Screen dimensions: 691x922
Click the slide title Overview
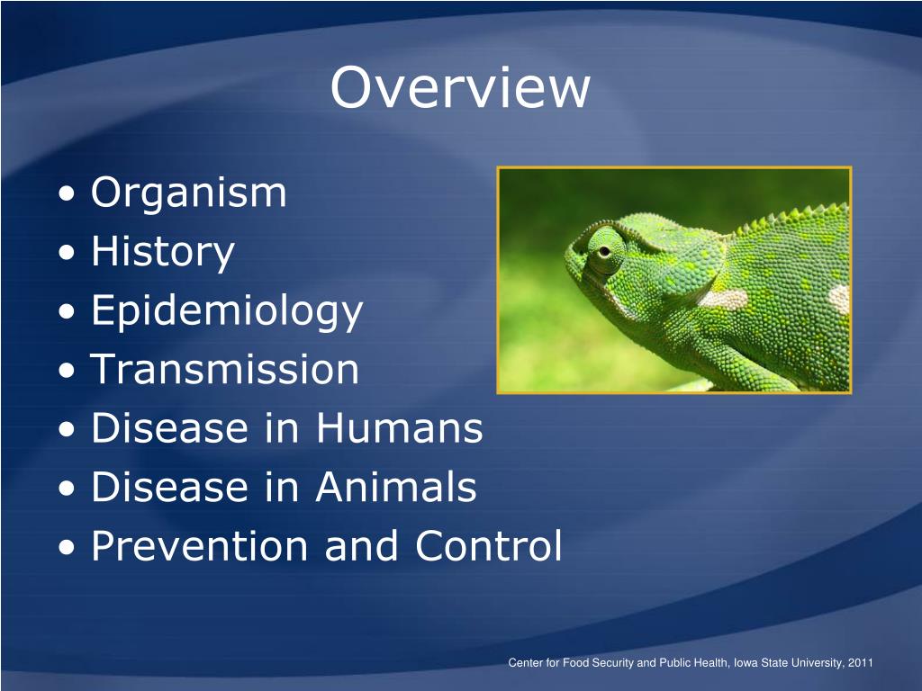(460, 88)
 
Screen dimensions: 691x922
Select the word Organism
(189, 193)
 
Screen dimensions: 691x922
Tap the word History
(163, 252)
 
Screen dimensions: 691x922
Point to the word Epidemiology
(227, 311)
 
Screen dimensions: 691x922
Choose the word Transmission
(225, 370)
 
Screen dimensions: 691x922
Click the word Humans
(399, 428)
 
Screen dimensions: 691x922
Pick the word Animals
(396, 488)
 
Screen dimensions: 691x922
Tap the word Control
(489, 546)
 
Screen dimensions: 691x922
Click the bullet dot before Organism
(70, 194)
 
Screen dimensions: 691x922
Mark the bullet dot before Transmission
(70, 372)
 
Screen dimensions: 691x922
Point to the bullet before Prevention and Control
(70, 548)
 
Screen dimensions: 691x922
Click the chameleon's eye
(601, 248)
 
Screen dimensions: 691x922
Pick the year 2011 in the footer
(861, 663)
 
